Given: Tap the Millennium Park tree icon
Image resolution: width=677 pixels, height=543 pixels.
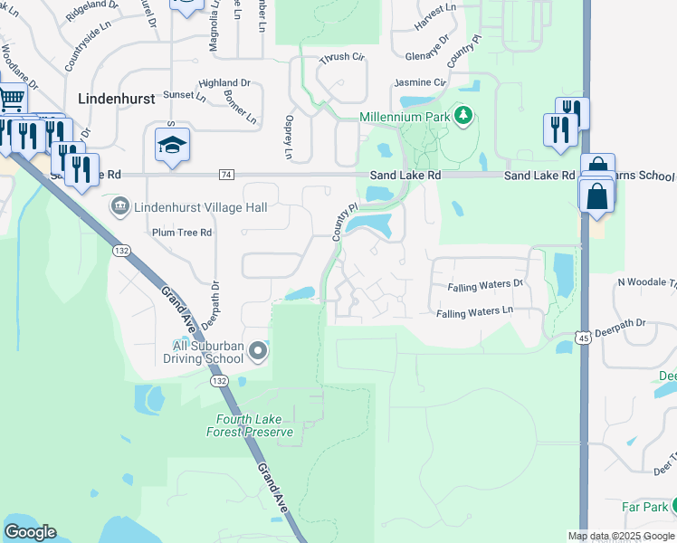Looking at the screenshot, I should pyautogui.click(x=463, y=116).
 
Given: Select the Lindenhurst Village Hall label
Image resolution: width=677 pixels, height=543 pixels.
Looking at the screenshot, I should pyautogui.click(x=200, y=207).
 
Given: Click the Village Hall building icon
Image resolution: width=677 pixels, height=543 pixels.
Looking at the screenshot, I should pyautogui.click(x=119, y=207).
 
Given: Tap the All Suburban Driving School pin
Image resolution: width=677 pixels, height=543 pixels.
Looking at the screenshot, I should pyautogui.click(x=259, y=350).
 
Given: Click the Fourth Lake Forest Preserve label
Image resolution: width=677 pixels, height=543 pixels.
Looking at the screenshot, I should pyautogui.click(x=254, y=425).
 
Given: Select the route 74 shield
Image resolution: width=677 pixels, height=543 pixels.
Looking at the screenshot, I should pyautogui.click(x=226, y=174).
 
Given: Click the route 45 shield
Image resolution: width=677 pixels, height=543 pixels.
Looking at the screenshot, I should pyautogui.click(x=565, y=347).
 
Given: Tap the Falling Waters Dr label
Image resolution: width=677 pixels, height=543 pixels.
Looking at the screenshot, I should pyautogui.click(x=486, y=285).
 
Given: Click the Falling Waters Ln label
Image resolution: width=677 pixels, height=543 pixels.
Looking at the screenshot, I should pyautogui.click(x=474, y=312).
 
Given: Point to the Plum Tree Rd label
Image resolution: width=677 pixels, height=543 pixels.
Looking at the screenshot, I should pyautogui.click(x=181, y=233).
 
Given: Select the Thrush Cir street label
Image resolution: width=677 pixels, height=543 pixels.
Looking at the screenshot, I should pyautogui.click(x=339, y=59).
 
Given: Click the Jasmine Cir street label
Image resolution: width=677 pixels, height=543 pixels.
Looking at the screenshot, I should pyautogui.click(x=421, y=82).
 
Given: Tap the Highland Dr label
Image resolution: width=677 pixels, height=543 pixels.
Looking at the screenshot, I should pyautogui.click(x=224, y=82).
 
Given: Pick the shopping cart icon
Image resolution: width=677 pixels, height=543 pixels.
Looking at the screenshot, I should pyautogui.click(x=12, y=98).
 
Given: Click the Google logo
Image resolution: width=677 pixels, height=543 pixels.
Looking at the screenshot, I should pyautogui.click(x=30, y=532).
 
